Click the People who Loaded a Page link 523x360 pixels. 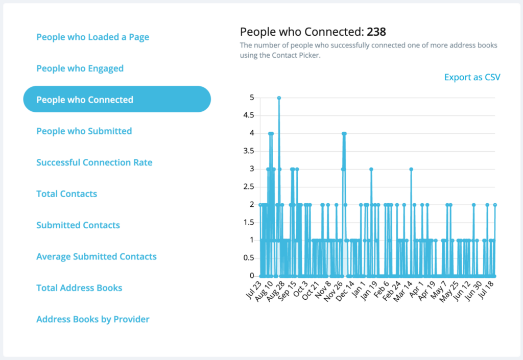pyautogui.click(x=92, y=37)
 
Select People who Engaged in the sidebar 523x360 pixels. pyautogui.click(x=80, y=68)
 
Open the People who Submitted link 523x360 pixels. pyautogui.click(x=84, y=131)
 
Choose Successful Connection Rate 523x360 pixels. pyautogui.click(x=94, y=162)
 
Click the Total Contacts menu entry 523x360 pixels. pyautogui.click(x=66, y=194)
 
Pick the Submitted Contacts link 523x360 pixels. pyautogui.click(x=78, y=225)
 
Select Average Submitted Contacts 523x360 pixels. pyautogui.click(x=96, y=256)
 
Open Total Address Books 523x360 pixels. pyautogui.click(x=79, y=288)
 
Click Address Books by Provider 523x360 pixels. pyautogui.click(x=92, y=320)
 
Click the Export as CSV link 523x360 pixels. pyautogui.click(x=472, y=78)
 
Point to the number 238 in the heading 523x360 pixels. pyautogui.click(x=376, y=32)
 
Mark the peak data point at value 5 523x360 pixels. pyautogui.click(x=279, y=98)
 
